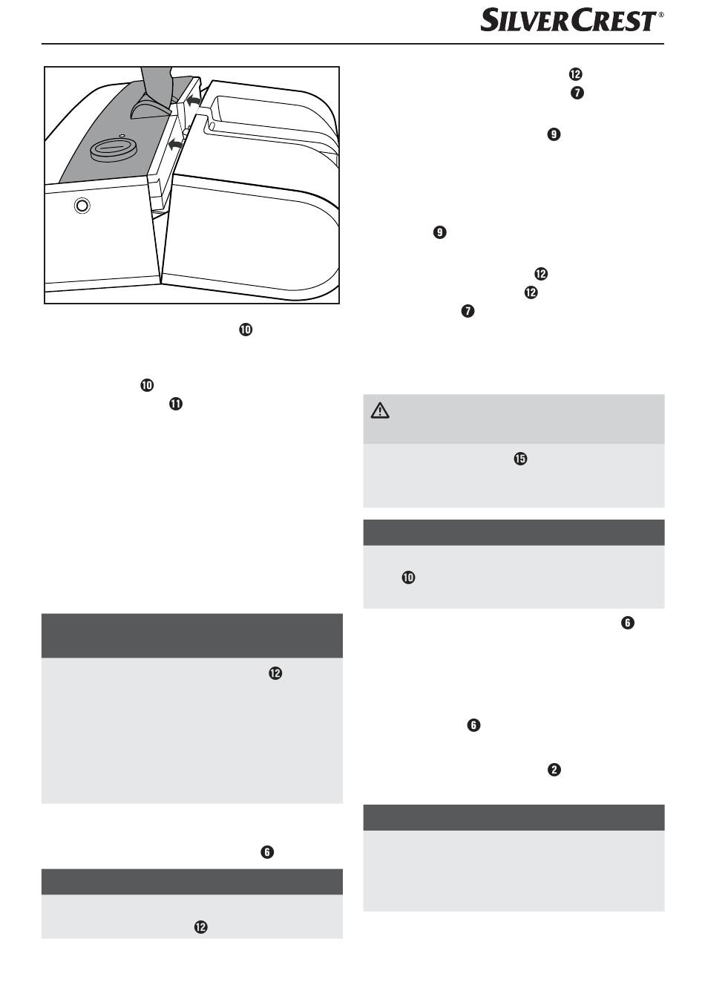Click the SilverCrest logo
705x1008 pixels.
pyautogui.click(x=568, y=20)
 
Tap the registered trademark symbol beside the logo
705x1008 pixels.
pyautogui.click(x=661, y=14)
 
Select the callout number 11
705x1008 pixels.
pyautogui.click(x=176, y=404)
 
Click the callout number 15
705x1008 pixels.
pyautogui.click(x=520, y=459)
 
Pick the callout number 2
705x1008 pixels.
pyautogui.click(x=554, y=770)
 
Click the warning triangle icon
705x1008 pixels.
pyautogui.click(x=380, y=410)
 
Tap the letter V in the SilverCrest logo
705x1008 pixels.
pyautogui.click(x=527, y=22)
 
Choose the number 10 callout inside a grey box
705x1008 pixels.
pyautogui.click(x=408, y=577)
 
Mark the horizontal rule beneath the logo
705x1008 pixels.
pyautogui.click(x=352, y=44)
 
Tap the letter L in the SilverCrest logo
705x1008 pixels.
pyautogui.click(x=514, y=22)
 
